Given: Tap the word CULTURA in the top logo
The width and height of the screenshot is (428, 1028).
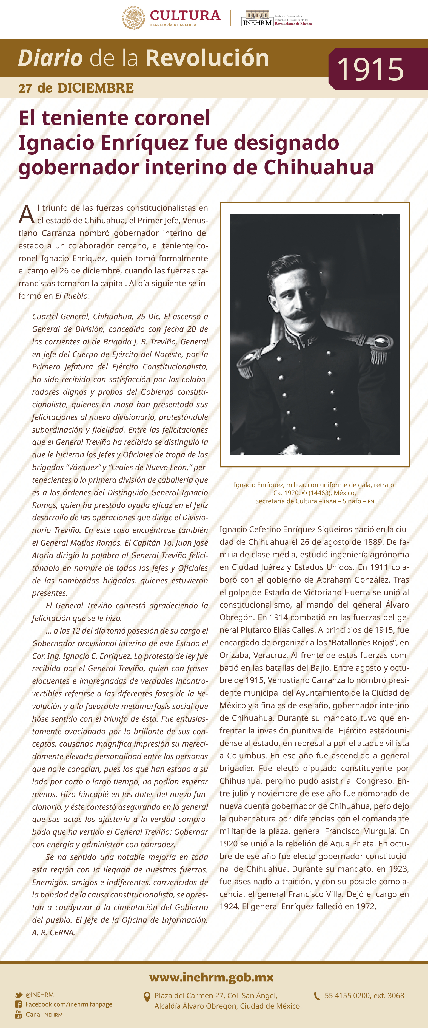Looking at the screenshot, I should (x=185, y=16).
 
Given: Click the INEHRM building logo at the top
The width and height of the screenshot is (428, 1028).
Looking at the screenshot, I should (x=257, y=19).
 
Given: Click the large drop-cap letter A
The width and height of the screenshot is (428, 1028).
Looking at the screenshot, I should (x=27, y=215).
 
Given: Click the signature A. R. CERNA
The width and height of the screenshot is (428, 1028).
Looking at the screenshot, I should (x=53, y=932).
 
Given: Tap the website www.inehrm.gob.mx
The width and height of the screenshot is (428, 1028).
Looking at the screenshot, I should (x=212, y=977).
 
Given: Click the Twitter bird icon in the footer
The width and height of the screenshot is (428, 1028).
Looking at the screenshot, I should (x=19, y=995).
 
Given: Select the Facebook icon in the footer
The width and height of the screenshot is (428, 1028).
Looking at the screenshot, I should (x=18, y=1004).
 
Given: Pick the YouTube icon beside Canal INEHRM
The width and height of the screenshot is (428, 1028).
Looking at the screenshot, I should (x=18, y=1014).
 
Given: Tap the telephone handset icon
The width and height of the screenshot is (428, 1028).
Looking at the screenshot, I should (x=317, y=996).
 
